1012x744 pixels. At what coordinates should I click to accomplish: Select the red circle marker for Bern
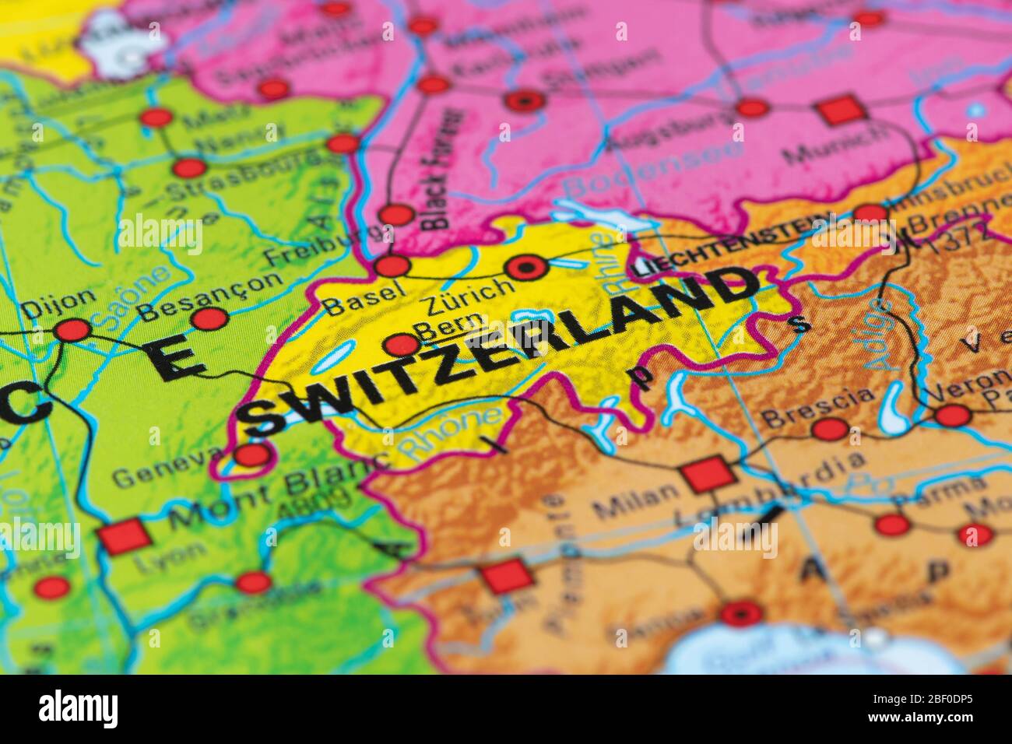click(402, 344)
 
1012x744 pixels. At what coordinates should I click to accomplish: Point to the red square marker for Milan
click(707, 474)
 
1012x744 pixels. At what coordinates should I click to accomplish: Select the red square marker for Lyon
click(123, 538)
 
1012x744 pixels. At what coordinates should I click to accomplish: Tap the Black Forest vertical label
click(440, 167)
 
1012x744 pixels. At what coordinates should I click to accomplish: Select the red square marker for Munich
click(842, 110)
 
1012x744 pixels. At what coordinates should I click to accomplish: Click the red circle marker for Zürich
click(525, 268)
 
